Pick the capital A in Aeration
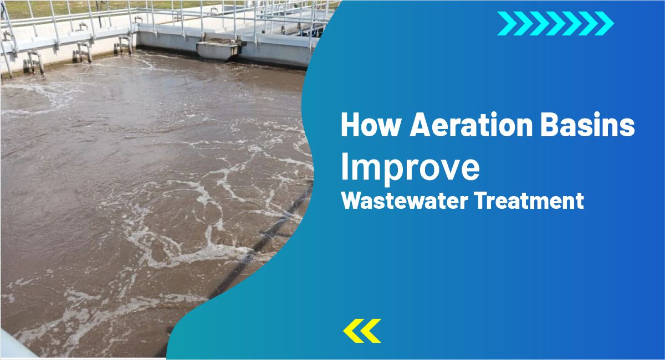click(420, 126)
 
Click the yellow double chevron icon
click(362, 330)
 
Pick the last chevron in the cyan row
click(605, 23)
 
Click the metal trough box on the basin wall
click(217, 50)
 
